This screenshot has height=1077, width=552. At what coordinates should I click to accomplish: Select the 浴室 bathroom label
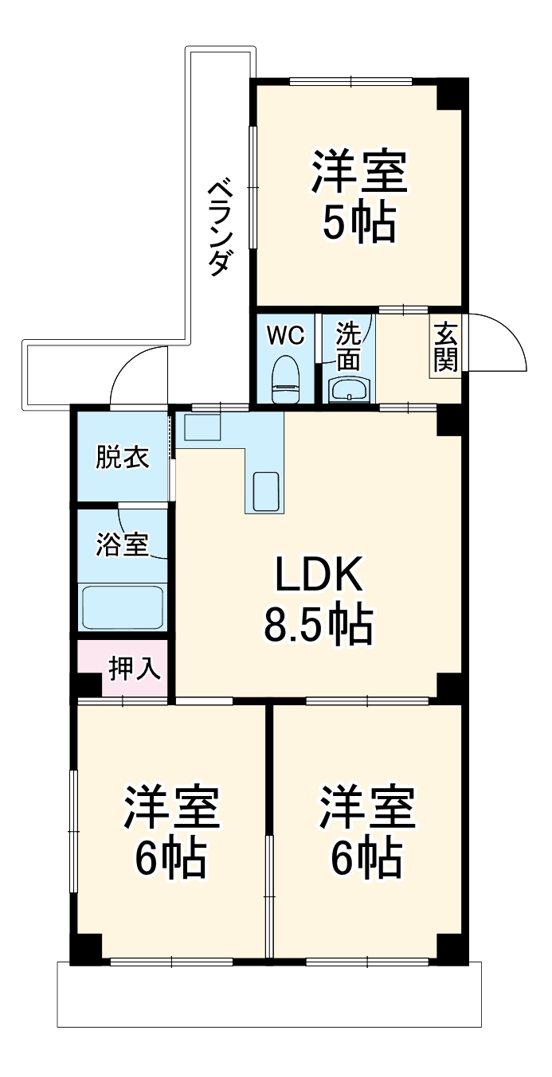pyautogui.click(x=122, y=545)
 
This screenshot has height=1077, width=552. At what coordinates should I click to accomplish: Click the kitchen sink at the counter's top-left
pyautogui.click(x=202, y=427)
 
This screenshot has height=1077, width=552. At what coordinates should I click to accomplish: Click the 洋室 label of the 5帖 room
pyautogui.click(x=359, y=172)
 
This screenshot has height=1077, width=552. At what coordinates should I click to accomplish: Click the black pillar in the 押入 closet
pyautogui.click(x=87, y=685)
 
